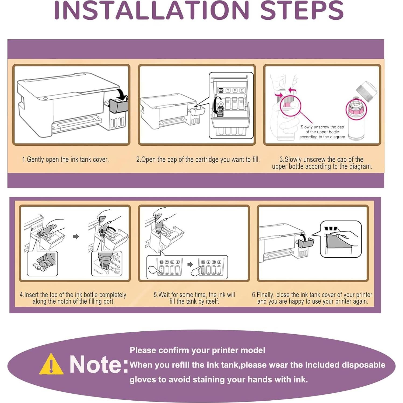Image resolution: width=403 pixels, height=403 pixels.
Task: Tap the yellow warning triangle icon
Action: [51, 364]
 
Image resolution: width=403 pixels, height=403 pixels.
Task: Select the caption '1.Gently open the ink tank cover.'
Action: [65, 159]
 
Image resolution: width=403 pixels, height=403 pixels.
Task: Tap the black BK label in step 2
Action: [221, 90]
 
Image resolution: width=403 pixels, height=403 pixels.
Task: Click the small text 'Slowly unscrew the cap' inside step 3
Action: [322, 127]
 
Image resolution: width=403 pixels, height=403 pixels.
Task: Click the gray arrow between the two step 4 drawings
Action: [76, 236]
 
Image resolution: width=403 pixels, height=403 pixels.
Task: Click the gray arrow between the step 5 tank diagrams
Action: [190, 264]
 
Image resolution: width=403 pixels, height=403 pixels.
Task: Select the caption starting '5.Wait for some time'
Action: [194, 298]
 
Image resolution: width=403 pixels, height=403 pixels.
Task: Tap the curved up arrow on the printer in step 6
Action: [304, 237]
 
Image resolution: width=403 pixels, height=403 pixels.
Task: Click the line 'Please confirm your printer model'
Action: [197, 350]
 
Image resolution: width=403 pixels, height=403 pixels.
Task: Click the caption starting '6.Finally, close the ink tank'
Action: [312, 298]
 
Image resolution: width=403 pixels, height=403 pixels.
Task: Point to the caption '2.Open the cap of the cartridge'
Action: [198, 159]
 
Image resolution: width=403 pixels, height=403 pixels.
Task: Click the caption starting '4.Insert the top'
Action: [73, 298]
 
